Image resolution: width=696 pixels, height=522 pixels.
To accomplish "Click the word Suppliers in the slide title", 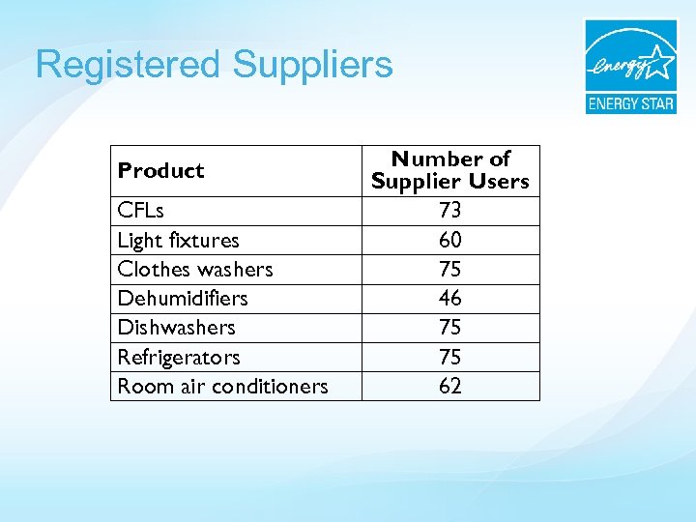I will [x=312, y=66].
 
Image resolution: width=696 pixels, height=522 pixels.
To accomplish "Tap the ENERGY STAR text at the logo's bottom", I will [x=630, y=103].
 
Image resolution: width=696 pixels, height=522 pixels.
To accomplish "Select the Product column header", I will [x=160, y=171].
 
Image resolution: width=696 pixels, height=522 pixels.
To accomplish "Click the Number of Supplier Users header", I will [x=450, y=170].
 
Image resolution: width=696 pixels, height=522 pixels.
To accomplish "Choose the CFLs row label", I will [x=140, y=211].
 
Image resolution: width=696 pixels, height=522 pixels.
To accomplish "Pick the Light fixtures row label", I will [x=178, y=240].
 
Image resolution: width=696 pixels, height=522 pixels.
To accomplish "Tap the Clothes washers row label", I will [x=195, y=269].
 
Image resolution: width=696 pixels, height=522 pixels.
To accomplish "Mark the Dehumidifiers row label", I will [x=183, y=298].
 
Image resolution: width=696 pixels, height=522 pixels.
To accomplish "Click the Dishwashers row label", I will [x=176, y=327].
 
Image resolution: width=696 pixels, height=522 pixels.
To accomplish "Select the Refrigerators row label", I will [x=179, y=357].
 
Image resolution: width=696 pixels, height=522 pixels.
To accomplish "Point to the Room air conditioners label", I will [x=222, y=386].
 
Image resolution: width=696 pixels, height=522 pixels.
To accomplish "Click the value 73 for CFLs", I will [x=450, y=211].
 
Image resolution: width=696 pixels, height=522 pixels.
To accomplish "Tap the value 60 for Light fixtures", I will [x=450, y=240].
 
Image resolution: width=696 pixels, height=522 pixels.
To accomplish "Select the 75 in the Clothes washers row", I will [x=450, y=269].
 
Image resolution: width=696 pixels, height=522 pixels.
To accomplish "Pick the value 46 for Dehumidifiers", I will [x=450, y=298].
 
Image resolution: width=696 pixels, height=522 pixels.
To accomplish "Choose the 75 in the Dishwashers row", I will [x=450, y=327].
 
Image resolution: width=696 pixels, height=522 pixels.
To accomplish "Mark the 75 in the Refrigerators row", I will [x=450, y=357].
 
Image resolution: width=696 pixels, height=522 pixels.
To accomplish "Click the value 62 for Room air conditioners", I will [x=450, y=386].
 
